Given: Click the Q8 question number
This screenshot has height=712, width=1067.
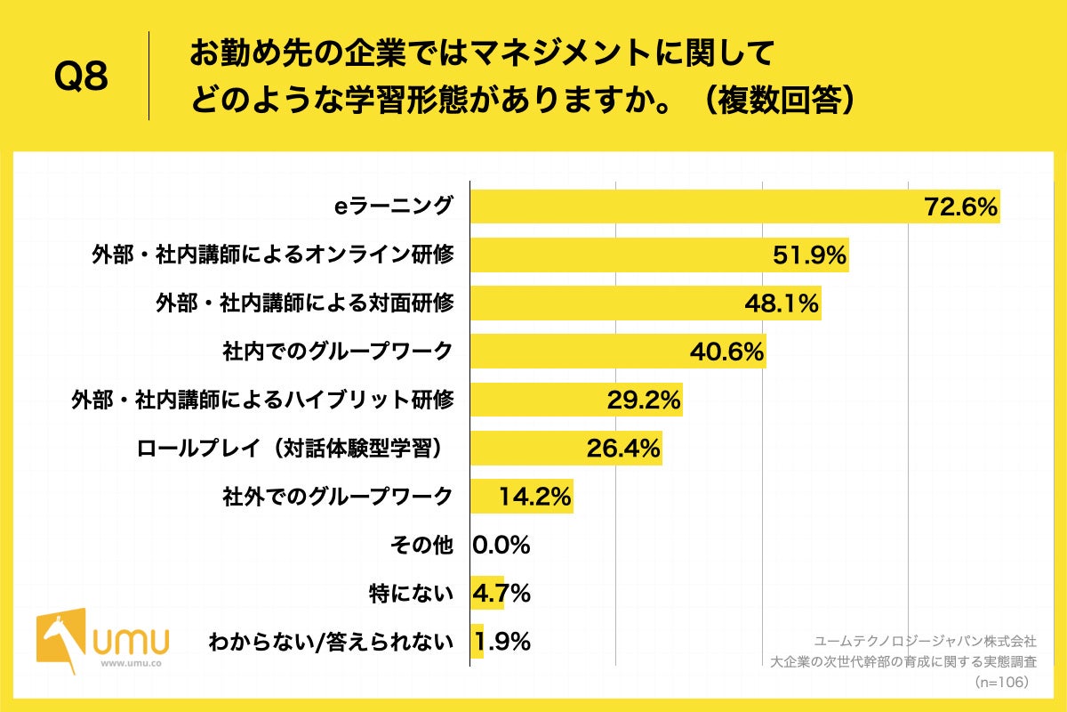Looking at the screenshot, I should (81, 77).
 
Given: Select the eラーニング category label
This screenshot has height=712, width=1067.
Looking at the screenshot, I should (392, 206).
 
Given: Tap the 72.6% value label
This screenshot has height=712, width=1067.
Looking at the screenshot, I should (961, 207).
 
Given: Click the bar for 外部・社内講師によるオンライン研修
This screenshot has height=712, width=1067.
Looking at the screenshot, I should (622, 255).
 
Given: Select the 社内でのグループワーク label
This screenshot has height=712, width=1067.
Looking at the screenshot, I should (337, 352).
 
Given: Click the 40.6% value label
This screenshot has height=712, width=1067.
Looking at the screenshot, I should (727, 352).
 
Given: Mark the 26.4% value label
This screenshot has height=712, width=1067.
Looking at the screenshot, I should (622, 449).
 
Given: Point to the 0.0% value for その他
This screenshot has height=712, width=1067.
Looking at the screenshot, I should (501, 545).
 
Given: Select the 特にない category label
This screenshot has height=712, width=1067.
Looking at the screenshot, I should (411, 593).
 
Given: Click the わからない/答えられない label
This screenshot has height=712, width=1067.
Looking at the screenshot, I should (330, 641).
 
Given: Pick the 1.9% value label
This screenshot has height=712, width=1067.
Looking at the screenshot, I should (503, 641).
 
